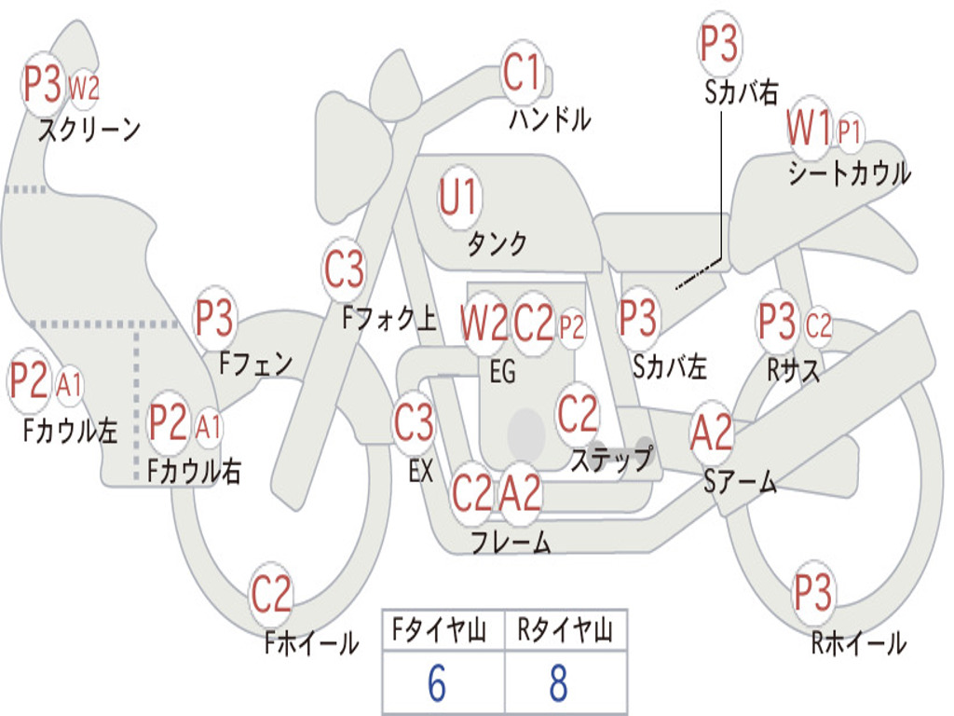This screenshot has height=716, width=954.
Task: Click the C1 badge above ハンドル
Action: click(522, 73)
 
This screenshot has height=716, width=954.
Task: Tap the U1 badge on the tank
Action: click(458, 198)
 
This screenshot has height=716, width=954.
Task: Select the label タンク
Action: click(497, 244)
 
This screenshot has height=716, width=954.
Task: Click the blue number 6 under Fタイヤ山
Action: click(437, 684)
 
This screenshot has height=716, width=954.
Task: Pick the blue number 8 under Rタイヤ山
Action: click(558, 684)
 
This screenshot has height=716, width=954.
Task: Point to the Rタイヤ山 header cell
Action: click(565, 632)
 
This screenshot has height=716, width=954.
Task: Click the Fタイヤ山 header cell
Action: click(443, 632)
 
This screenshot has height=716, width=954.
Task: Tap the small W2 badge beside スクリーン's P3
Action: click(84, 88)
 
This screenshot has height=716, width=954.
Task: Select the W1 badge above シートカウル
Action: click(808, 129)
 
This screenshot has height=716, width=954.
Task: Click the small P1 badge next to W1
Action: click(849, 131)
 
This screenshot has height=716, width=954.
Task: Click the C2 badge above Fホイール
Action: click(272, 595)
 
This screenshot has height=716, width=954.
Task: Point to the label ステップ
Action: click(611, 459)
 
